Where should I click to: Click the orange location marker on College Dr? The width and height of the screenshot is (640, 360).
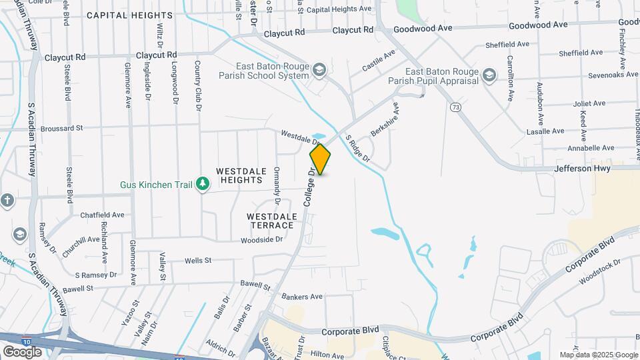[320, 159]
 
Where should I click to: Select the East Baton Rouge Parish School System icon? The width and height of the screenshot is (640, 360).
[319, 69]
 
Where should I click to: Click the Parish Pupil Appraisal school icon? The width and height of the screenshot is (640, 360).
[491, 75]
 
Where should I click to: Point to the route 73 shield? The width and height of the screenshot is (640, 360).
[455, 107]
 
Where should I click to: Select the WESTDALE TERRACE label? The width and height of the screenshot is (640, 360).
[270, 221]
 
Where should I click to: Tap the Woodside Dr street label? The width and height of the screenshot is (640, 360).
[262, 240]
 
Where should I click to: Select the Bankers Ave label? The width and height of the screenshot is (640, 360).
[302, 297]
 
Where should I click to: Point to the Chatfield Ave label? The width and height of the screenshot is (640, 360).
[102, 215]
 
